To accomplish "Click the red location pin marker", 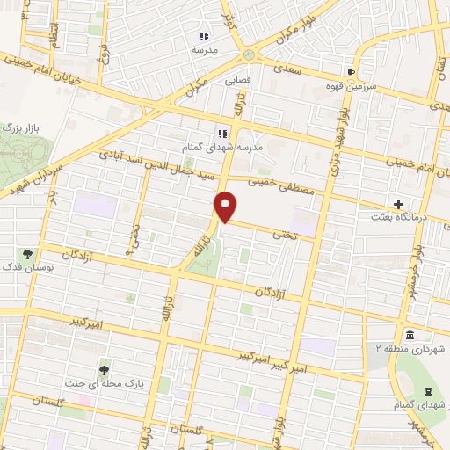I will (x=227, y=207).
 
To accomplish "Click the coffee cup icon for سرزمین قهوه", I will (x=352, y=72).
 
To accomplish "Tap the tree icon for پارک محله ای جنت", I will (x=105, y=369).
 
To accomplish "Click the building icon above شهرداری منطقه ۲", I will (x=410, y=335).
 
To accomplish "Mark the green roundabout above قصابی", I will (x=250, y=55).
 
